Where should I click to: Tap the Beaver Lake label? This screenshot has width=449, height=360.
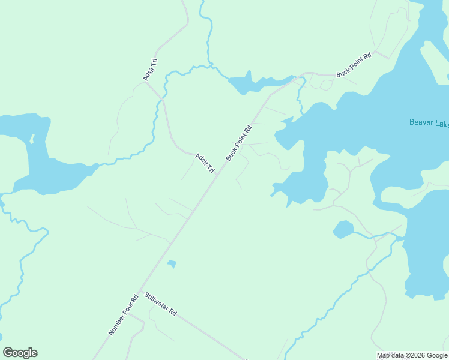429,123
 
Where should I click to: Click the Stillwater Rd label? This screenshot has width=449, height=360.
160,304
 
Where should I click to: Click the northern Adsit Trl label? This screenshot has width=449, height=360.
149,69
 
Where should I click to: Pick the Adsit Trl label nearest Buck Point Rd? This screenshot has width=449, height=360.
205,163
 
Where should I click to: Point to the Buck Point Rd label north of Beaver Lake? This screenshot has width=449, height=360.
354,64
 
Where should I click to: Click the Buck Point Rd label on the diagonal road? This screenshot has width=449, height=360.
238,142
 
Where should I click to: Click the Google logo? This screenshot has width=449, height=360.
20,353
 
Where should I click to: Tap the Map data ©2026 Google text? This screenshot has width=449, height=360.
412,355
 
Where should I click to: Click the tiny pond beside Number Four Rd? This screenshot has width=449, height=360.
172,264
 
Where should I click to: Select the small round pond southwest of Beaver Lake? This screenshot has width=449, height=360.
343,229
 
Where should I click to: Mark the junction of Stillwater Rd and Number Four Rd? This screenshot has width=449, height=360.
140,292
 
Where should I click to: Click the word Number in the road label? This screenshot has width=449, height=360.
116,325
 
